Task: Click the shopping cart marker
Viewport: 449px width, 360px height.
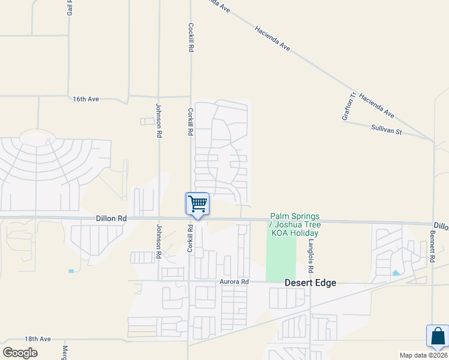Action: (x=197, y=204)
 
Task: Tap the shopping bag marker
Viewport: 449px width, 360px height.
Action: (x=437, y=336)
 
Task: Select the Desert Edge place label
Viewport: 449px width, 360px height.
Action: (x=310, y=283)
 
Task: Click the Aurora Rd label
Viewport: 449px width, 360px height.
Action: (x=235, y=281)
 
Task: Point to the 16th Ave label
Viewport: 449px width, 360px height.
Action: (x=86, y=99)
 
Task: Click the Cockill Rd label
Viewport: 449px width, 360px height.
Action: (x=190, y=37)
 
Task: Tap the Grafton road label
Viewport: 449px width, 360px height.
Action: (x=349, y=106)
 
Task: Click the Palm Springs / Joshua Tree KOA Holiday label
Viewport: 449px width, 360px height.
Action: (x=295, y=224)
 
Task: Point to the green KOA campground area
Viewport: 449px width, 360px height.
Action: (x=281, y=258)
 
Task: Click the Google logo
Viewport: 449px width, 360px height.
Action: (x=20, y=352)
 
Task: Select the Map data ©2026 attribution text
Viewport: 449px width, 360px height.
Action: (x=423, y=355)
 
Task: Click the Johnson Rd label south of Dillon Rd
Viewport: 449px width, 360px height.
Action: (x=159, y=241)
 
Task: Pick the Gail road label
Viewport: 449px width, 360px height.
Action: (x=70, y=8)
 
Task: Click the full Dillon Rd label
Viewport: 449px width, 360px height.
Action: (x=111, y=219)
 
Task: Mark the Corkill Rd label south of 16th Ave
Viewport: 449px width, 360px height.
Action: (x=190, y=121)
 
